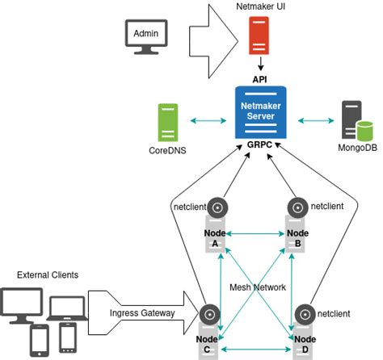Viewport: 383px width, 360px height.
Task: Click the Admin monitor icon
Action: point(145,37)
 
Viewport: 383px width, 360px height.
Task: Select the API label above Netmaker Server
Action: point(259,80)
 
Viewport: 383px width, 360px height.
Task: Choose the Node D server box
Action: point(304,343)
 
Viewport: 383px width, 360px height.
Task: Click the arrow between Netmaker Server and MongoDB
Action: point(312,121)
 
